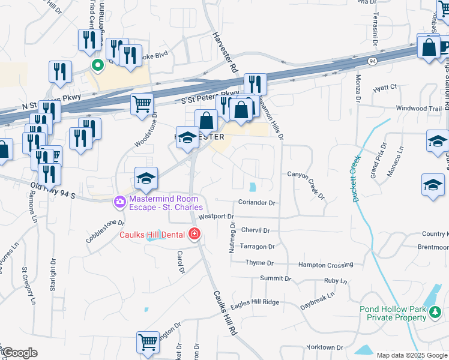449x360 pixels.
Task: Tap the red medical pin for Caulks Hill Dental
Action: (194, 234)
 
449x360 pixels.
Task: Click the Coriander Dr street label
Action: (256, 203)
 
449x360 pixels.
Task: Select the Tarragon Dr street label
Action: (257, 247)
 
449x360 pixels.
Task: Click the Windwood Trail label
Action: (419, 108)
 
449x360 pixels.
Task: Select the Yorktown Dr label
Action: (324, 347)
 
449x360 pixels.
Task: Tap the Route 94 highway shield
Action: (373, 61)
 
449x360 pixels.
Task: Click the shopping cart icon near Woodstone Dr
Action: (142, 103)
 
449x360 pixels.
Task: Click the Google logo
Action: (19, 353)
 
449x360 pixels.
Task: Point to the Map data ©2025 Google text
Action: (412, 355)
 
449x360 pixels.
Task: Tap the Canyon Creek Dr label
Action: (306, 184)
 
